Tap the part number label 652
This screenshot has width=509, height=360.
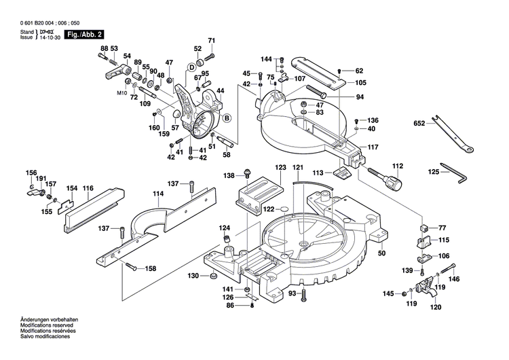(419, 124)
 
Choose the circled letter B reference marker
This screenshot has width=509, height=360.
(227, 119)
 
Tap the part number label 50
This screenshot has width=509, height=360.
(381, 253)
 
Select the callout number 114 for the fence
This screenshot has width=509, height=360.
(158, 194)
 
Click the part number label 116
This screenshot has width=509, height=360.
(88, 187)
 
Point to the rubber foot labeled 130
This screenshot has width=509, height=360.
(212, 276)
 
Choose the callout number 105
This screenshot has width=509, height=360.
(360, 83)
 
